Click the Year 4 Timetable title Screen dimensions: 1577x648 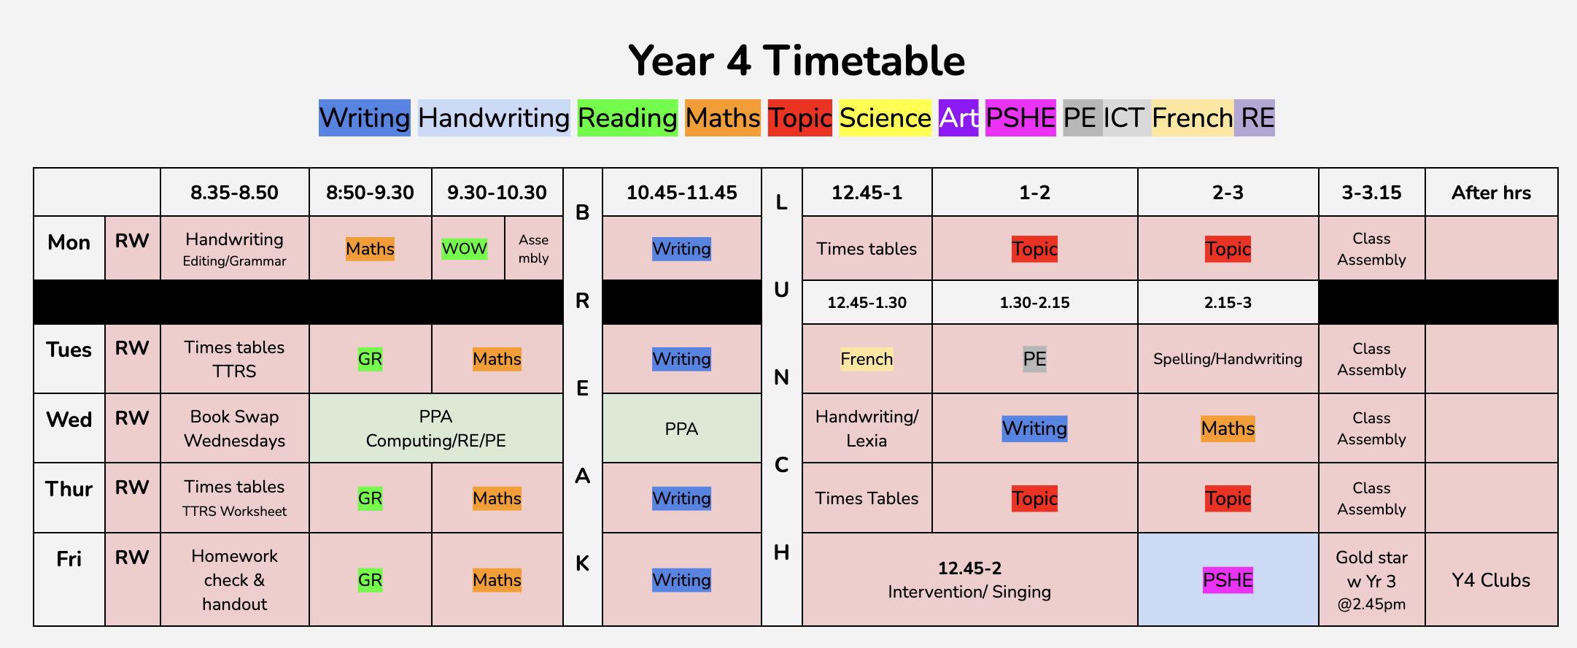(797, 60)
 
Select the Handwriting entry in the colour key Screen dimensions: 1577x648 (494, 117)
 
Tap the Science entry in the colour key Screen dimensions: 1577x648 (885, 117)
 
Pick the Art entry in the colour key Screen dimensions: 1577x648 (958, 117)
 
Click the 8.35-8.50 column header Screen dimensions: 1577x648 (234, 193)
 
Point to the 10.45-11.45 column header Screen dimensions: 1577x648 (681, 193)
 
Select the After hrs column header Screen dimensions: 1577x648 (1491, 193)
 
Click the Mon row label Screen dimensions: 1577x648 (69, 242)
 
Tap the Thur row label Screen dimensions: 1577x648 (69, 489)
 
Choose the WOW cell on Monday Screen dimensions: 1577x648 (464, 248)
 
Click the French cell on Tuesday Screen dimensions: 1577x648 (867, 359)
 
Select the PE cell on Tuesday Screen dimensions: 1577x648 (1034, 359)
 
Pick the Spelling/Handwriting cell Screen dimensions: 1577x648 (1228, 359)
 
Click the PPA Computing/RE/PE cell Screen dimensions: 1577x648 (435, 428)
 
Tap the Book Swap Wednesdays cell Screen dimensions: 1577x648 (234, 428)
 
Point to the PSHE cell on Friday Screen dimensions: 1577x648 (1228, 580)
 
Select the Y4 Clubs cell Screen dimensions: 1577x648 (1491, 580)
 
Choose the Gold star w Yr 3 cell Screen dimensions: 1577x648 (1371, 580)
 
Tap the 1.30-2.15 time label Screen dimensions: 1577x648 (1034, 302)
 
